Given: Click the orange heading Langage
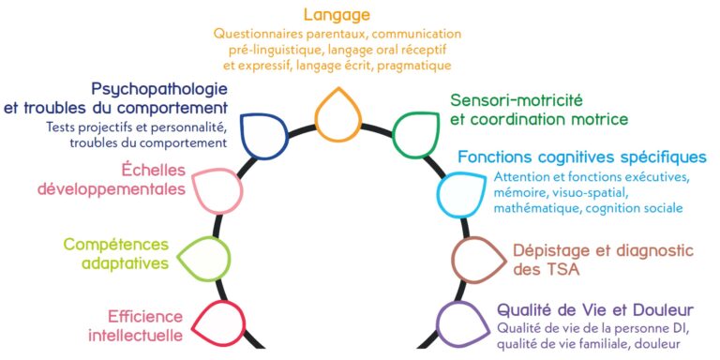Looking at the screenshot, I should click(337, 15).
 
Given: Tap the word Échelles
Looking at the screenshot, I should click(153, 170).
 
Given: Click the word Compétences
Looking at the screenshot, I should click(115, 245).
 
